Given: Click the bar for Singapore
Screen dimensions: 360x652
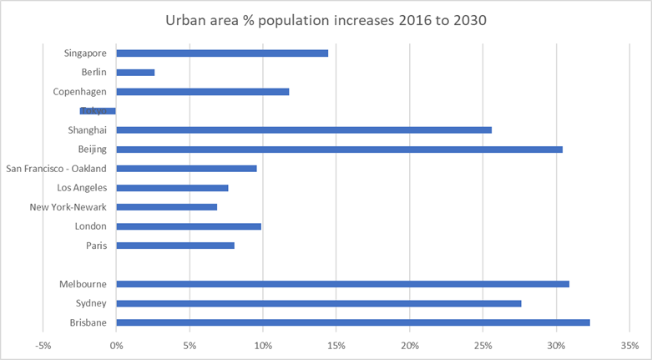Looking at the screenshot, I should point(222,53).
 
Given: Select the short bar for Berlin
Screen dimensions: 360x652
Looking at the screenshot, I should point(135,73).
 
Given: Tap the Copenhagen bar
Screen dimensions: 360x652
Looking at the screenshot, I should point(203,92).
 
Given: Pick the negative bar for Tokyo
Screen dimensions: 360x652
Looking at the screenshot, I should point(99,110).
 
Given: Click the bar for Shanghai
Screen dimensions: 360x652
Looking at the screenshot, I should point(304,129).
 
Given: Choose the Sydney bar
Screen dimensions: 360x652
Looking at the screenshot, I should point(319,303).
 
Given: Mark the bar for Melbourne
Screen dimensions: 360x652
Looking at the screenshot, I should point(342,284).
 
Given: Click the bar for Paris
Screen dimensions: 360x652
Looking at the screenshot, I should point(175,246).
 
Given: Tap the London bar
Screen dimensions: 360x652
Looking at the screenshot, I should point(189,226).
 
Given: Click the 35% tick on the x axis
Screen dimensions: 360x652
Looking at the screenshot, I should point(630,344).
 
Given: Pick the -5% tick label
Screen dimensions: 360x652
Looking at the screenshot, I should point(43,344).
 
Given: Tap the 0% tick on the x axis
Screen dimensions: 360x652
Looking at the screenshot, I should point(116,344).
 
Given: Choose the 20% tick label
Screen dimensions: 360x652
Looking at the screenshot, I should point(410,344).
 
